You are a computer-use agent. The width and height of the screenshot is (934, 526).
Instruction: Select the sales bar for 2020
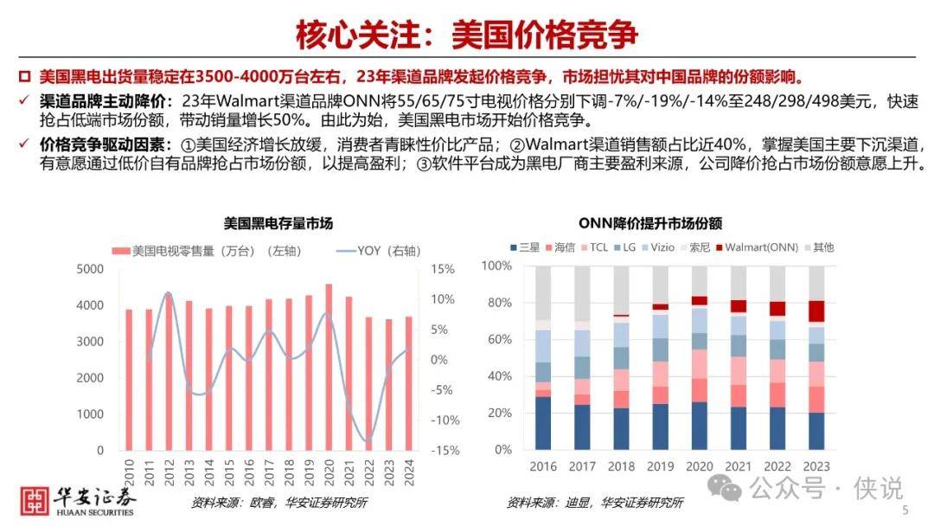[329, 367]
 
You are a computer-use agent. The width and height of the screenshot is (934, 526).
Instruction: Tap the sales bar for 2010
[129, 380]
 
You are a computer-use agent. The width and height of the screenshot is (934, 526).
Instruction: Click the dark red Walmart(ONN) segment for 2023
[816, 311]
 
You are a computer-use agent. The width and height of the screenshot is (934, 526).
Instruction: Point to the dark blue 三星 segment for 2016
[543, 424]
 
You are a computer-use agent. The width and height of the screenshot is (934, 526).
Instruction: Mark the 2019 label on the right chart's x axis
[660, 467]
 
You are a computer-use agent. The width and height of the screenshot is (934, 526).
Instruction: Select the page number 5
[905, 511]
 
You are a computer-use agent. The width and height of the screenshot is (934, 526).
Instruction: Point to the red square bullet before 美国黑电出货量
[24, 75]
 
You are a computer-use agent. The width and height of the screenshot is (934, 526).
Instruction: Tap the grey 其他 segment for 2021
[738, 283]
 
